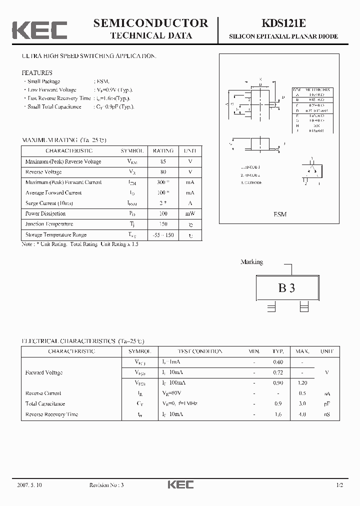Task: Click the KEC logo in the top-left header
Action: (x=39, y=30)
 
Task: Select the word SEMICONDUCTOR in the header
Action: (x=150, y=23)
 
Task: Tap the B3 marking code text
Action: (x=286, y=288)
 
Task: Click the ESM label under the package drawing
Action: (x=280, y=214)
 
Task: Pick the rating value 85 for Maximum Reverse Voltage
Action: (x=163, y=161)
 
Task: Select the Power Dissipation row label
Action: (x=45, y=213)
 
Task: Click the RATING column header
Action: (x=163, y=150)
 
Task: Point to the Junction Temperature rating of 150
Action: (x=163, y=224)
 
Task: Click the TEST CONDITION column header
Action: (x=192, y=351)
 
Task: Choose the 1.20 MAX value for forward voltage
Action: (x=302, y=382)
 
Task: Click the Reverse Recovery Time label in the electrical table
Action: (x=51, y=414)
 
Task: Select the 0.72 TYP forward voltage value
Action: (x=278, y=372)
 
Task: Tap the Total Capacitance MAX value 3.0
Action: (x=302, y=403)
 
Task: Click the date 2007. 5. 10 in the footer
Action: (x=30, y=485)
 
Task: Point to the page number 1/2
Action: (x=339, y=485)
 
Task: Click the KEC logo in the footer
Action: (x=180, y=484)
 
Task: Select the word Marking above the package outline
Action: (x=251, y=262)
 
